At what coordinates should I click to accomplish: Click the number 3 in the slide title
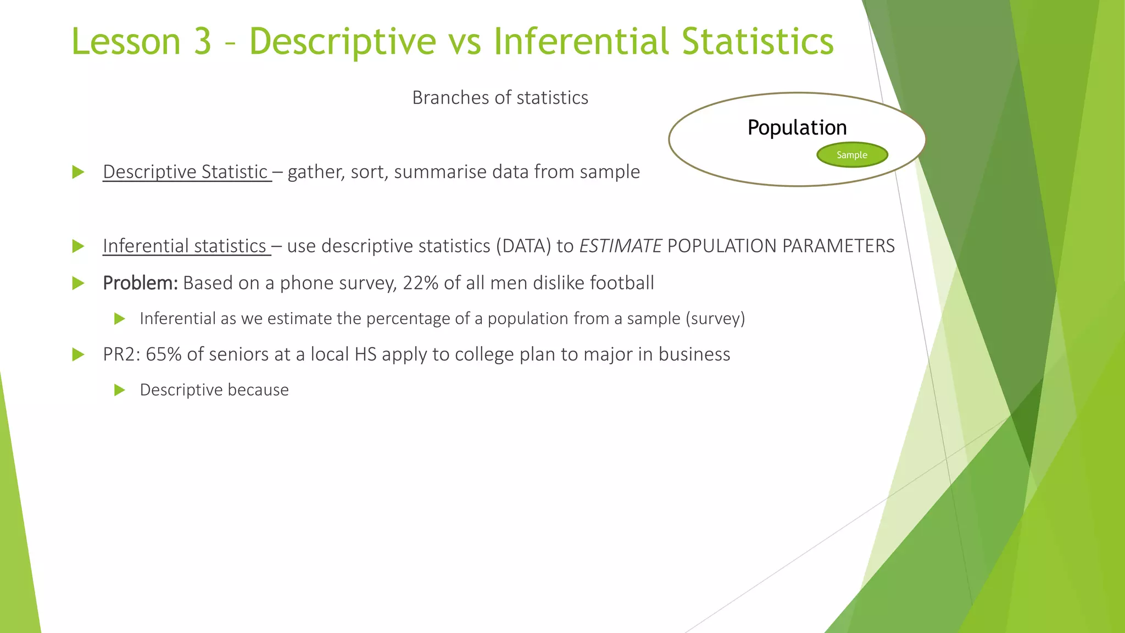click(x=202, y=42)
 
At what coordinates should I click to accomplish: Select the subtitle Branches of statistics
click(x=500, y=98)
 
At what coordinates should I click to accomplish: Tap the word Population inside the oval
click(x=797, y=127)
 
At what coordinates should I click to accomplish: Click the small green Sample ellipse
click(x=852, y=155)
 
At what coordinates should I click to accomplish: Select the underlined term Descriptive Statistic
click(x=185, y=172)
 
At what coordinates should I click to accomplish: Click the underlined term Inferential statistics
click(x=185, y=246)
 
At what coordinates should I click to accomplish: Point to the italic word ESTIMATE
click(x=620, y=246)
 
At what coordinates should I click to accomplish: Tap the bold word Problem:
click(x=140, y=283)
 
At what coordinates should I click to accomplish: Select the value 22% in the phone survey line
click(x=420, y=283)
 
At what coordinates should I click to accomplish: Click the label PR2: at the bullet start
click(x=122, y=354)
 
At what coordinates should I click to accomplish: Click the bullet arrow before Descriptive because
click(x=120, y=390)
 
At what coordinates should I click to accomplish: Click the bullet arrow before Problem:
click(x=78, y=284)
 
